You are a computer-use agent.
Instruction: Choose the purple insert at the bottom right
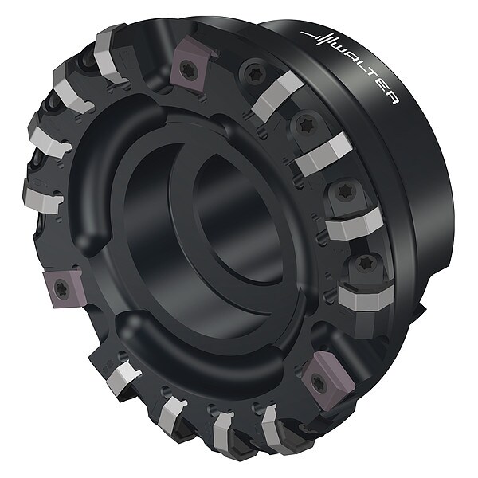(x=326, y=377)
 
